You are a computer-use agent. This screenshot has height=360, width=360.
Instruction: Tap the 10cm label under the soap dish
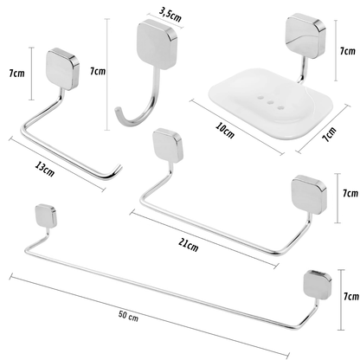(225, 132)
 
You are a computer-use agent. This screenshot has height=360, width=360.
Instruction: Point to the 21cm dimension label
(187, 245)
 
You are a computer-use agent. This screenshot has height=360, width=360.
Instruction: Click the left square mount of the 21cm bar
(163, 143)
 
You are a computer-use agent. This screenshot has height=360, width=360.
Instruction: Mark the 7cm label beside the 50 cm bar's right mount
(348, 297)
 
